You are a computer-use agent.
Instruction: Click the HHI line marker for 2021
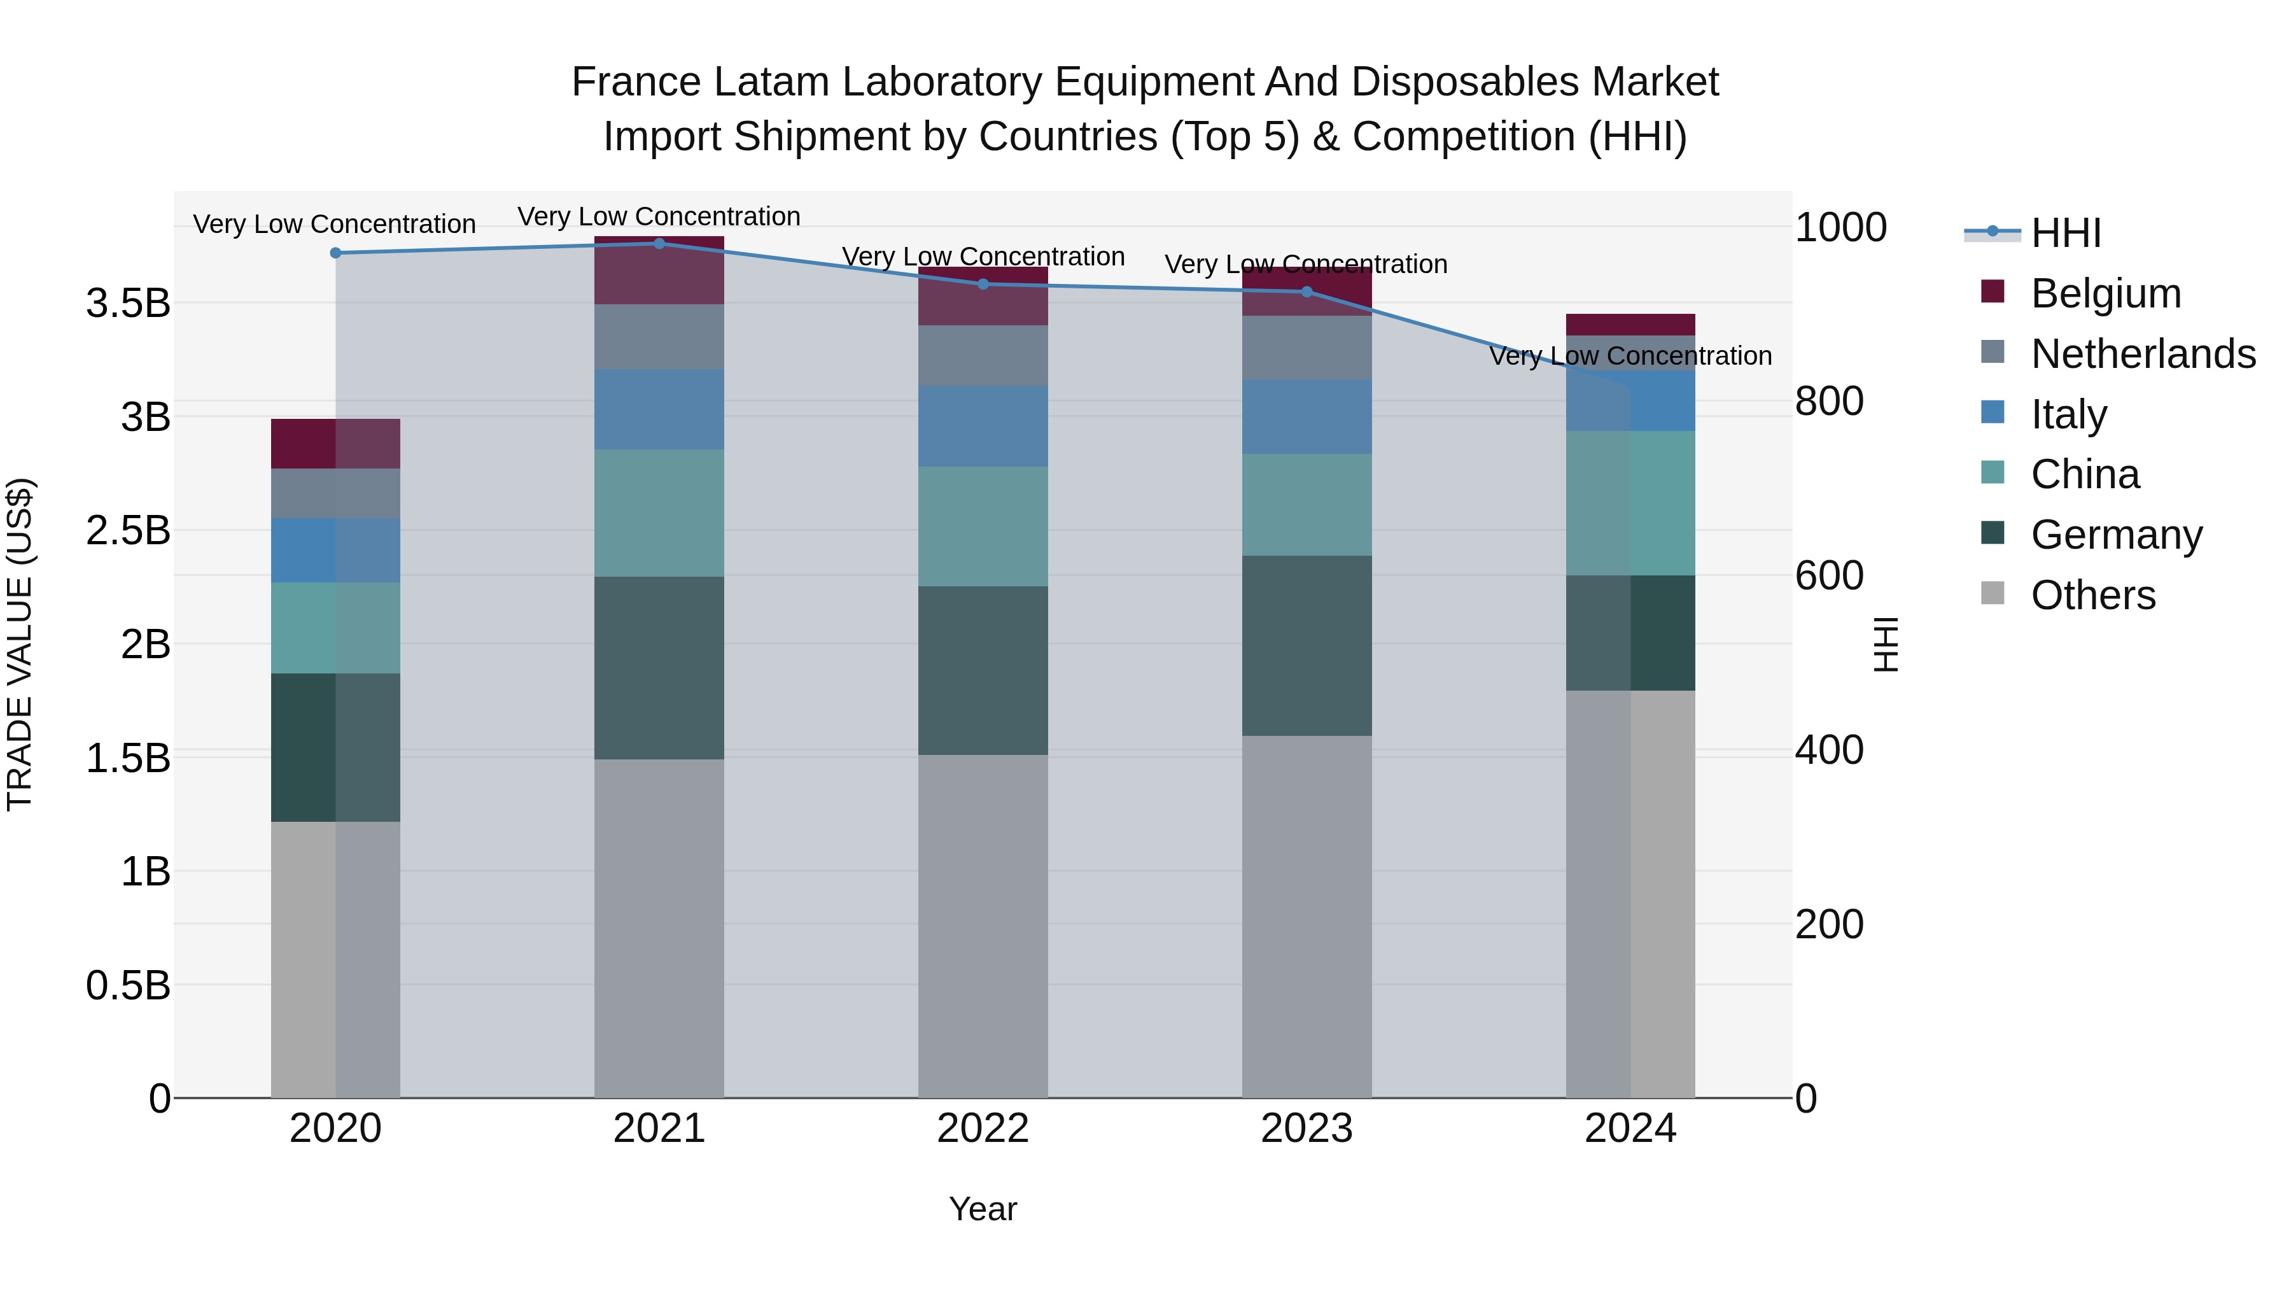tap(659, 244)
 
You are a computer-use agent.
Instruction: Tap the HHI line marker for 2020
tap(335, 253)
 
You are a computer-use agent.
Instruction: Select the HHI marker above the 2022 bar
tap(983, 285)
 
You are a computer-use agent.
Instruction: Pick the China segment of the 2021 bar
tap(659, 513)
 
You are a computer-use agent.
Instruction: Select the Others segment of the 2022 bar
tap(983, 925)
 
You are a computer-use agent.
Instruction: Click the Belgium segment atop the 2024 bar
tap(1630, 325)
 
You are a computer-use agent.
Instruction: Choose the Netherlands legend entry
tap(2143, 354)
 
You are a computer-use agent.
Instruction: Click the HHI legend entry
tap(2066, 233)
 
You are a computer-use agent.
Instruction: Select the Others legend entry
tap(2092, 595)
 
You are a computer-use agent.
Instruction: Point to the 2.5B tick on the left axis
tap(128, 531)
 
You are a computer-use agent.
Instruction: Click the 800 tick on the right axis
tap(1828, 401)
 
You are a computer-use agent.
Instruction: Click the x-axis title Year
tap(983, 1209)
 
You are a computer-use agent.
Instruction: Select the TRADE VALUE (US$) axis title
tap(20, 645)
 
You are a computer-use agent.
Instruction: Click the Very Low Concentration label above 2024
tap(1630, 356)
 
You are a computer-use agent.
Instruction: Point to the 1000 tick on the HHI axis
tap(1840, 228)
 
